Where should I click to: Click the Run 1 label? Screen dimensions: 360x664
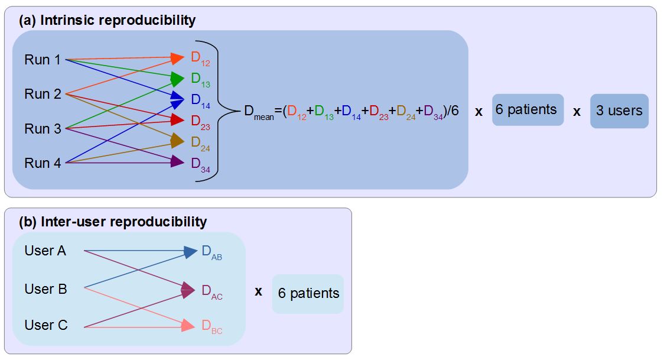(43, 60)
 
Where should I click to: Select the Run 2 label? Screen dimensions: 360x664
(43, 94)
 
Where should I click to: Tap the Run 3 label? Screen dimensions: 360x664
(43, 129)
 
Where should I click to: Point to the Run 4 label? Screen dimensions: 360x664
(43, 163)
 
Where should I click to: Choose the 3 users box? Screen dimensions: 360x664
(619, 111)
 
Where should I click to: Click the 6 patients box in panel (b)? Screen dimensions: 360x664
(308, 294)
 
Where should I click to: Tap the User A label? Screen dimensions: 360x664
(45, 251)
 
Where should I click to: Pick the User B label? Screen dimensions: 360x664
(45, 289)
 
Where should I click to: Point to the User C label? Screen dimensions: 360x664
(45, 325)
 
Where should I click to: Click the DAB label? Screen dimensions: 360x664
(211, 253)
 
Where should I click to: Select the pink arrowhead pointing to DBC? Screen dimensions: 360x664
(188, 326)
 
